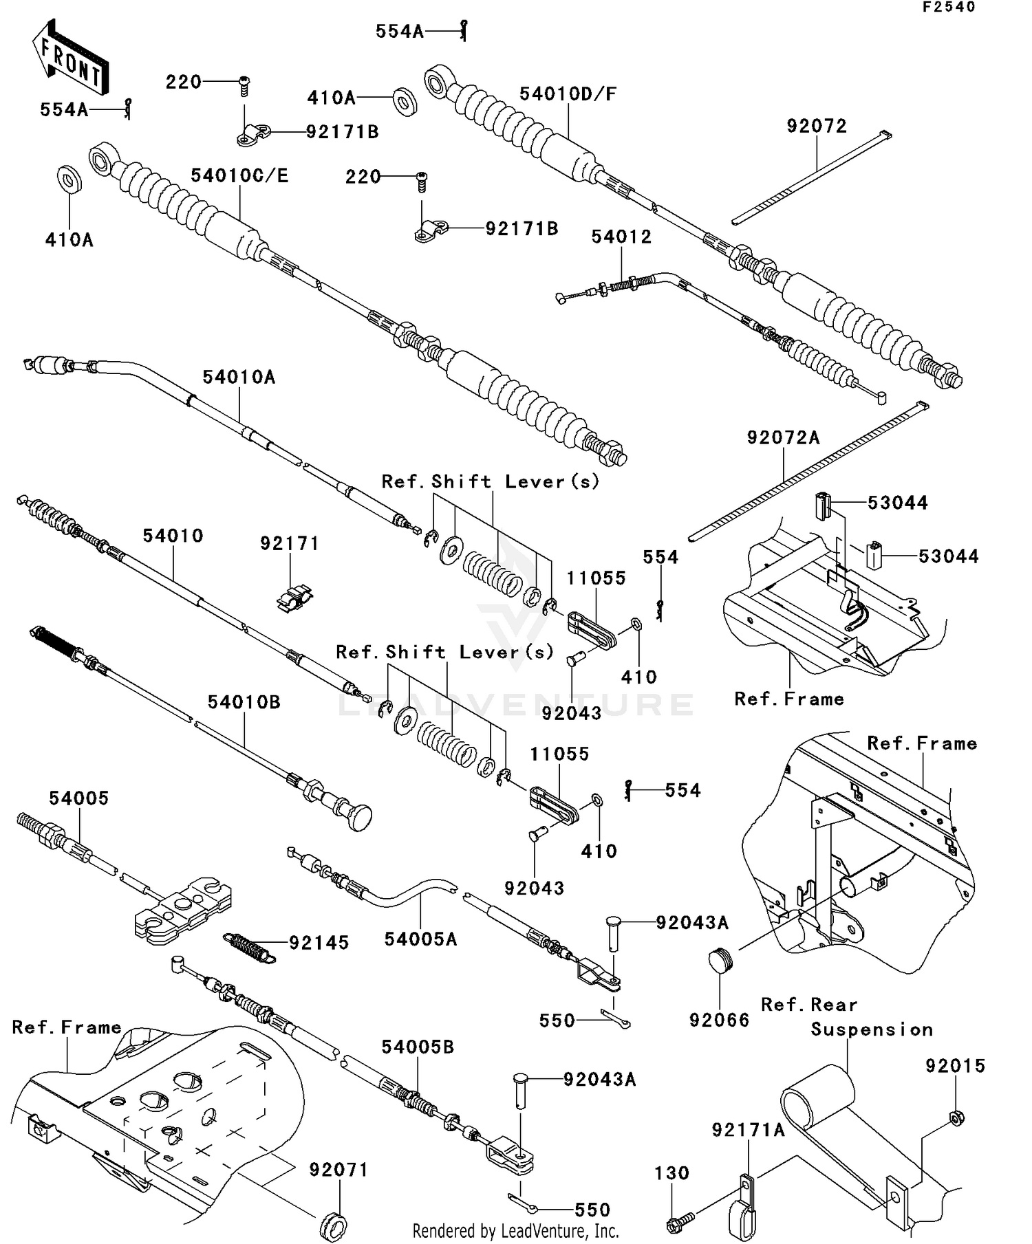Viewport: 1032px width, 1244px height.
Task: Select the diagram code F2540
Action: coord(949,8)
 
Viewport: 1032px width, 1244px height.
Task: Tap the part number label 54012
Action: coord(621,237)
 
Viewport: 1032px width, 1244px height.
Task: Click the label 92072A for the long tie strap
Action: coord(783,438)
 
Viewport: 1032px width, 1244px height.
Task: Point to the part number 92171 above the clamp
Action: coord(290,544)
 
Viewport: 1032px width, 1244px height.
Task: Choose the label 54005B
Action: coord(418,1047)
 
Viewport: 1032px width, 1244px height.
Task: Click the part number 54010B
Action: coord(244,702)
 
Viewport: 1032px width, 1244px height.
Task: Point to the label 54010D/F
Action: coord(568,95)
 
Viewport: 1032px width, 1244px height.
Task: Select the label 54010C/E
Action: coord(239,176)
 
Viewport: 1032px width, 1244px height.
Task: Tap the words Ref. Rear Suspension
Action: coord(846,1017)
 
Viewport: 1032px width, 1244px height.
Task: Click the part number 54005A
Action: coord(420,939)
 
